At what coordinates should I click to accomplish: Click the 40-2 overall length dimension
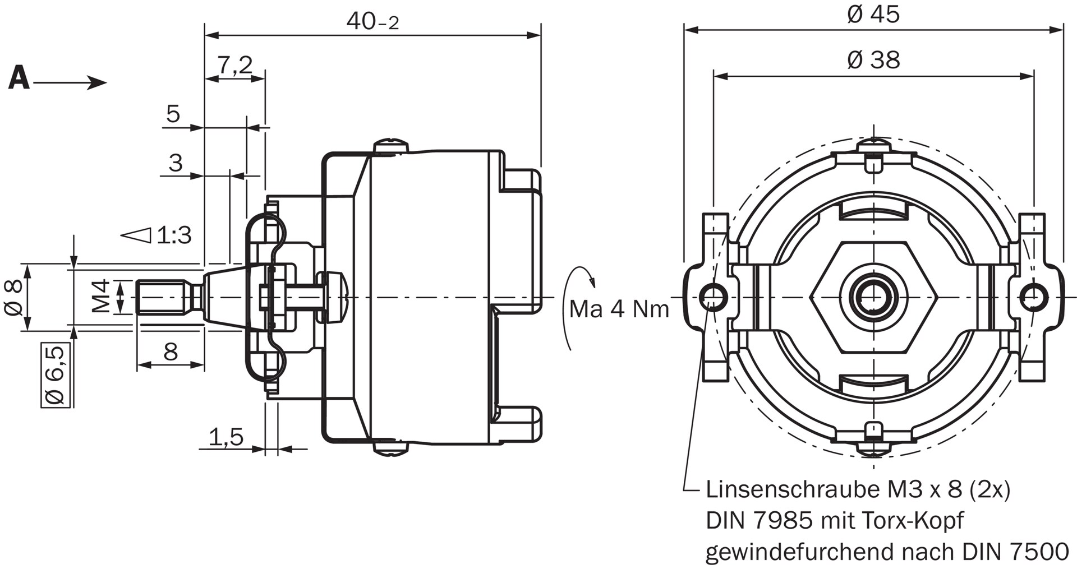tap(372, 21)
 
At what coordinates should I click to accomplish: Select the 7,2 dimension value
tap(235, 65)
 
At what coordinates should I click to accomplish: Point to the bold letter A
tap(19, 78)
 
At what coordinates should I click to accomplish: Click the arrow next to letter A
tap(70, 83)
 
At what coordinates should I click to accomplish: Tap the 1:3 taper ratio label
tap(174, 235)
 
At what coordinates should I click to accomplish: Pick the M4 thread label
tap(101, 296)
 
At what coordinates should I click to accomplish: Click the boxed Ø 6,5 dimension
tap(56, 374)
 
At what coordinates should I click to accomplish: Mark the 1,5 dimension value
tap(226, 436)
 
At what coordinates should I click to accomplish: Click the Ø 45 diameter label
tap(873, 14)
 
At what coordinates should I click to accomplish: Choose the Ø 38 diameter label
tap(873, 59)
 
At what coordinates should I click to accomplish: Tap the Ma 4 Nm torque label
tap(619, 309)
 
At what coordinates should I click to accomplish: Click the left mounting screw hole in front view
tap(714, 296)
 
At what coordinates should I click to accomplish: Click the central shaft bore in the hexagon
tap(873, 296)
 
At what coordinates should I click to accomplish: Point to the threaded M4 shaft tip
tap(163, 296)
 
